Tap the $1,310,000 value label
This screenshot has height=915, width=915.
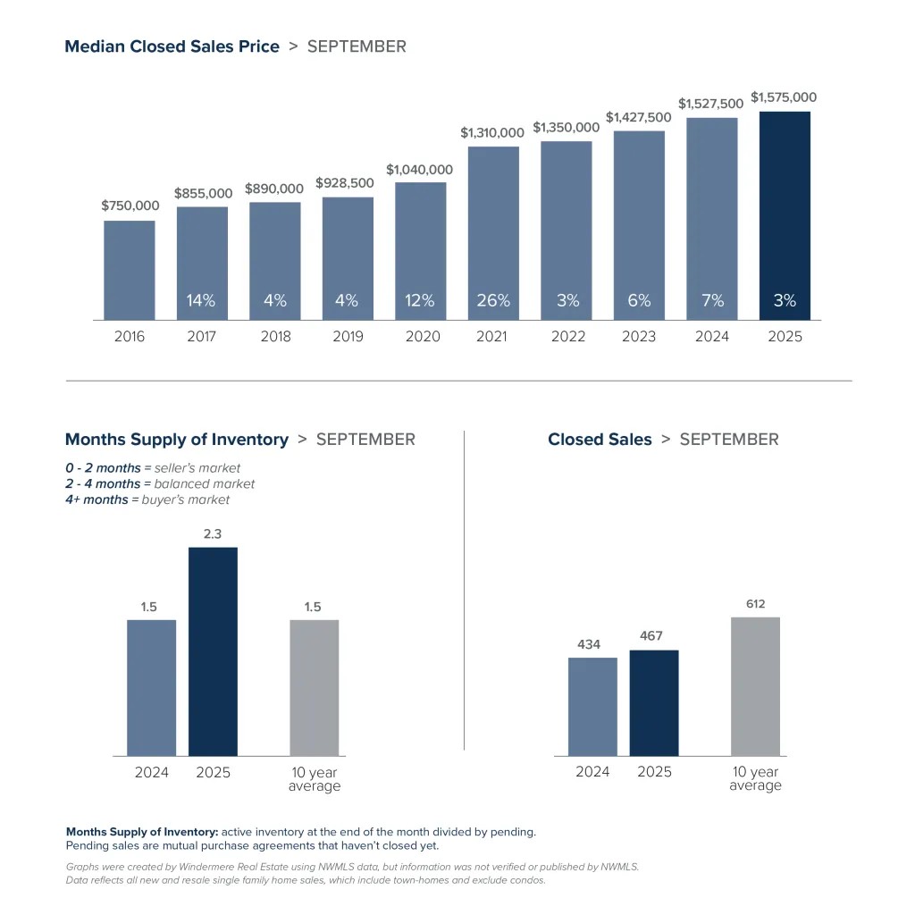pyautogui.click(x=492, y=132)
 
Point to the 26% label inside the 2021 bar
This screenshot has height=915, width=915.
pyautogui.click(x=493, y=301)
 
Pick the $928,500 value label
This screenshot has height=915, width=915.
pyautogui.click(x=346, y=183)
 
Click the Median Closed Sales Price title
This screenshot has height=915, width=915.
pyautogui.click(x=172, y=46)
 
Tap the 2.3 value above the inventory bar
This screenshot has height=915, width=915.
pyautogui.click(x=213, y=533)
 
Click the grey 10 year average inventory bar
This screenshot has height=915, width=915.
pyautogui.click(x=315, y=687)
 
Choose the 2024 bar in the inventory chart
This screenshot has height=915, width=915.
pyautogui.click(x=152, y=687)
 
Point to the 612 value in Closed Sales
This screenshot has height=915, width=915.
pyautogui.click(x=755, y=604)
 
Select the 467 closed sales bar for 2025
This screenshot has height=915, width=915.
pyautogui.click(x=654, y=702)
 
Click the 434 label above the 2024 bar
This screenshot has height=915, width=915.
pyautogui.click(x=589, y=643)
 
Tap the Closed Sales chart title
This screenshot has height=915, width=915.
pyautogui.click(x=600, y=440)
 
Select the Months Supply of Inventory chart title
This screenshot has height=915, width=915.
pyautogui.click(x=177, y=440)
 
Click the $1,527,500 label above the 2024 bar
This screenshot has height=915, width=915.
pyautogui.click(x=710, y=104)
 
